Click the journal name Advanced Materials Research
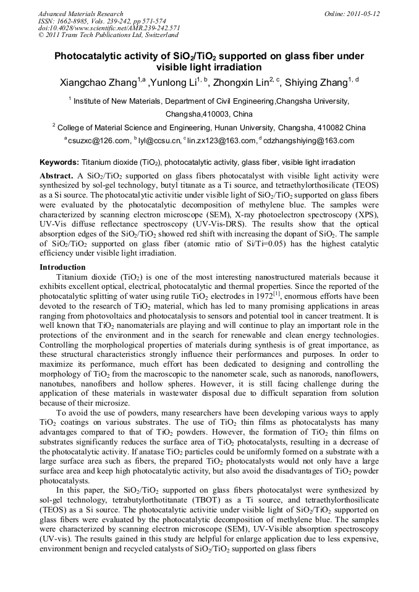80,14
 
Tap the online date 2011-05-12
364,14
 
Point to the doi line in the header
109,28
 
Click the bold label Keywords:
59,163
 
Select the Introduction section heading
62,267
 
